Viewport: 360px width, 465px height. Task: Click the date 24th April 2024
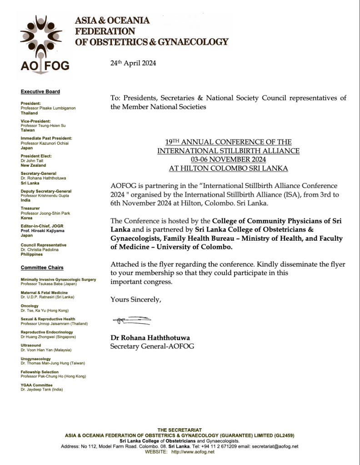(x=133, y=64)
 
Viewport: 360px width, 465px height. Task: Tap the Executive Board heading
(x=40, y=92)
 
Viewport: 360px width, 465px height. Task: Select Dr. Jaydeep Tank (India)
(x=42, y=390)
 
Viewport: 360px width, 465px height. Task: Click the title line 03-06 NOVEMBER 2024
(x=228, y=159)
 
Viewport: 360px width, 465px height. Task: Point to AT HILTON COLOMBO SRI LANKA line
(x=228, y=168)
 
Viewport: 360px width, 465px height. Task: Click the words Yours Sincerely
(x=136, y=299)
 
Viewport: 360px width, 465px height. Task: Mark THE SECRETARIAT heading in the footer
(x=180, y=430)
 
